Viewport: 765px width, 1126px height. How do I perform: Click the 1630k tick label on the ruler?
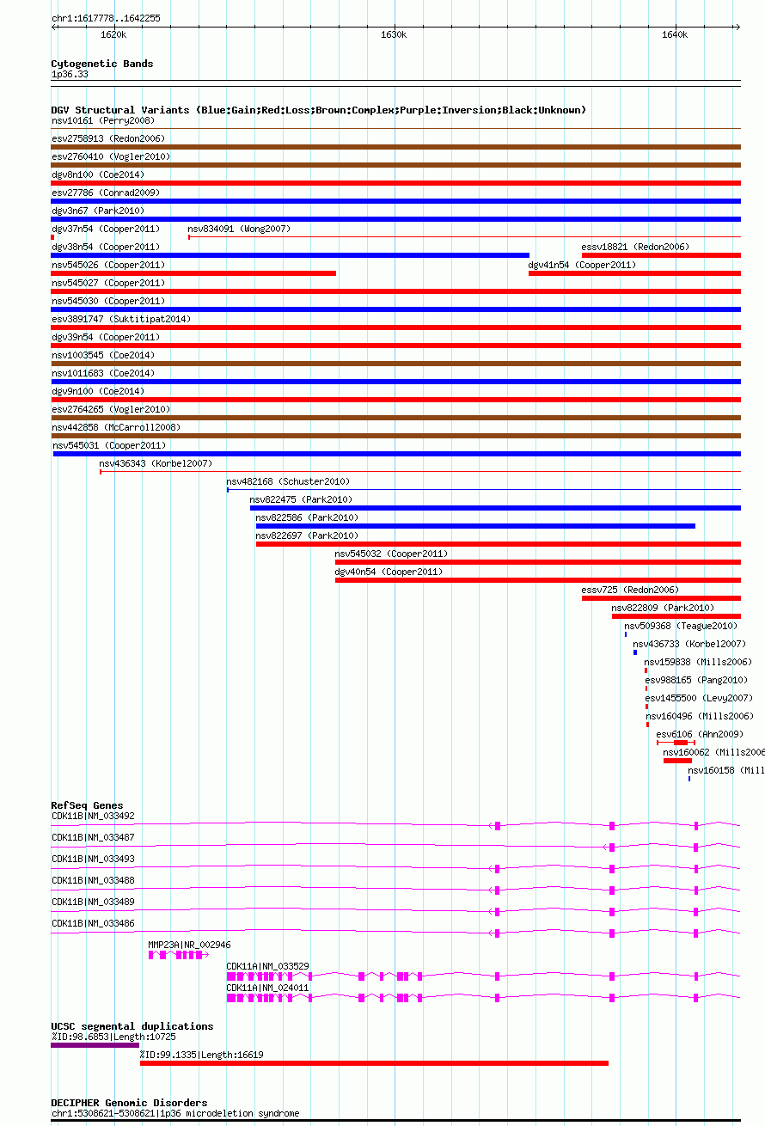click(393, 34)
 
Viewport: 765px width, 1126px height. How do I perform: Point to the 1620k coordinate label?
click(113, 34)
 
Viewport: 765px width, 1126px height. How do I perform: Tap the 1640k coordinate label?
click(675, 34)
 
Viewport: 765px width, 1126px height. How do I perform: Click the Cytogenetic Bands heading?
click(102, 64)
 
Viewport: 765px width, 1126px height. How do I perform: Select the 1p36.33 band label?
click(70, 74)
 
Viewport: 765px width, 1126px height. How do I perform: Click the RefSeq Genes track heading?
click(87, 805)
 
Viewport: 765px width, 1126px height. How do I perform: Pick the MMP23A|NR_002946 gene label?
click(189, 945)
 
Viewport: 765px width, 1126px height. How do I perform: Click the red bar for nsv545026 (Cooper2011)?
click(193, 273)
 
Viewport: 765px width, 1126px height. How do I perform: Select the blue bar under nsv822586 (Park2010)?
click(475, 526)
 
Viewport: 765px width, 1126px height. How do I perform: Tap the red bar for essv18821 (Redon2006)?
click(661, 255)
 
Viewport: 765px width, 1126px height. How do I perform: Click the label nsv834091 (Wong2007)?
click(239, 229)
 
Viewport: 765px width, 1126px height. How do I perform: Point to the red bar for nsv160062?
click(677, 761)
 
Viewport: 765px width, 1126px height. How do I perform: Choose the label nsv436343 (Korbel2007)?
click(155, 463)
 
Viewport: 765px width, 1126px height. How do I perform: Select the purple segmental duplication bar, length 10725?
click(95, 1045)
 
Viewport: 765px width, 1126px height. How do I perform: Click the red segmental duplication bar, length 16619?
click(374, 1063)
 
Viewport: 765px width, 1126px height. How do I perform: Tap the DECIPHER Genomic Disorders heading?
click(129, 1103)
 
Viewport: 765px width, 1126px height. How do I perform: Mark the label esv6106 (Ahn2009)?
click(700, 734)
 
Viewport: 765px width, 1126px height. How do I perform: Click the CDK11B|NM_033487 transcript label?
click(93, 837)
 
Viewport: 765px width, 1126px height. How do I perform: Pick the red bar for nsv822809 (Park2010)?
click(676, 616)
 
